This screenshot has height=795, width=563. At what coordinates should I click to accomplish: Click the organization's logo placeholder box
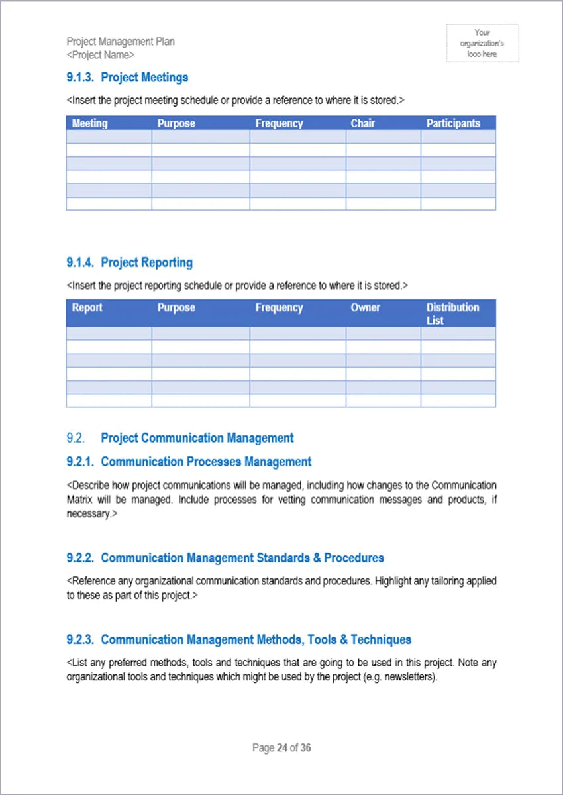[482, 43]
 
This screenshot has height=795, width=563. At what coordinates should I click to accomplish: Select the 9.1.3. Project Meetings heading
[127, 78]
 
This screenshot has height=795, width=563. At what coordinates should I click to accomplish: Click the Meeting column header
[89, 123]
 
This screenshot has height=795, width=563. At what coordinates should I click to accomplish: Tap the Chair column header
[362, 123]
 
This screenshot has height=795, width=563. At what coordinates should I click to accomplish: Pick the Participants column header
[453, 123]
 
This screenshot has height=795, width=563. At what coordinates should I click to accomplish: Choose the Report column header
[87, 308]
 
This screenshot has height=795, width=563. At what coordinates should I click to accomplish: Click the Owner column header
[365, 308]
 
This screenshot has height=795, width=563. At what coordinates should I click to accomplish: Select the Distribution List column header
[452, 313]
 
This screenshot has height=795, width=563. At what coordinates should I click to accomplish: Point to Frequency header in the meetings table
[279, 123]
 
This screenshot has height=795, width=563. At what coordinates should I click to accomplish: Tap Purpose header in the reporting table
[176, 308]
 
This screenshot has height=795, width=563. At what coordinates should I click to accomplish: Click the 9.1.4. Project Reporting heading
[129, 262]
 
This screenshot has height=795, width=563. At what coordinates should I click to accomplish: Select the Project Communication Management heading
[197, 438]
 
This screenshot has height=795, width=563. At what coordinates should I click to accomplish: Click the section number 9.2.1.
[80, 462]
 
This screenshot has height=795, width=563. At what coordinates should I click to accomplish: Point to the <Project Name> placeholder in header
[100, 55]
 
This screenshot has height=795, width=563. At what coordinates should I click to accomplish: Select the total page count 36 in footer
[305, 748]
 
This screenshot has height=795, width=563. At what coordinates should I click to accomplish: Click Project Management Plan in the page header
[121, 42]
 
